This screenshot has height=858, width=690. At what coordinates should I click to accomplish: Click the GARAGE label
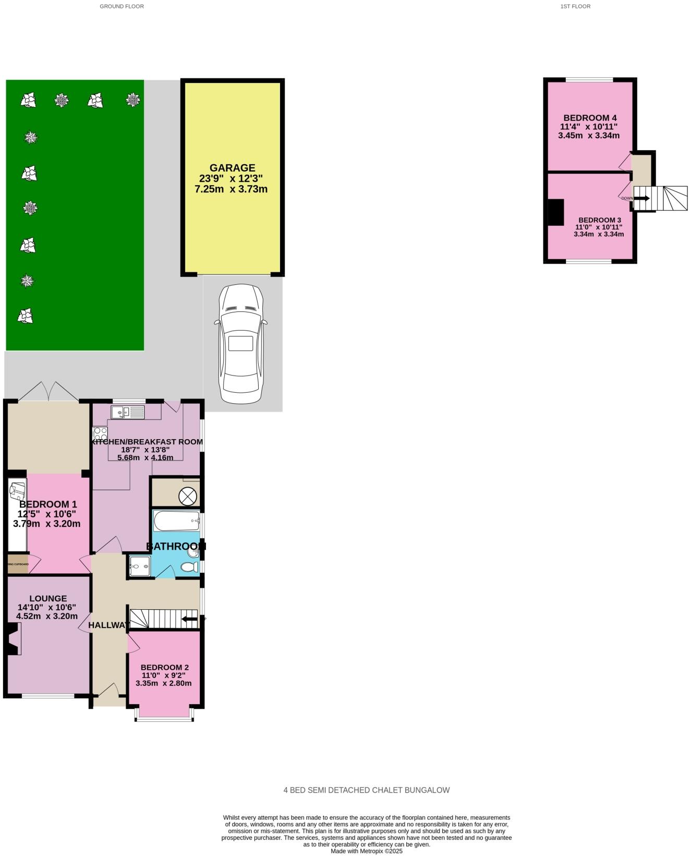click(x=232, y=168)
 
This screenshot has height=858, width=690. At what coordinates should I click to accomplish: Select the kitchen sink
click(x=128, y=413)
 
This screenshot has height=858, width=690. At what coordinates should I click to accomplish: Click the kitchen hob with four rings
click(x=100, y=433)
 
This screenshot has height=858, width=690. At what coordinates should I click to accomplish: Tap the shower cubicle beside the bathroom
click(x=140, y=566)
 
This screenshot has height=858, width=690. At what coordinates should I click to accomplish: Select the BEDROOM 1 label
click(x=48, y=504)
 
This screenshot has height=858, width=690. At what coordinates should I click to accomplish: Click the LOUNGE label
click(x=48, y=598)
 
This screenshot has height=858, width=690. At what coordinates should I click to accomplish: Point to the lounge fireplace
click(x=13, y=639)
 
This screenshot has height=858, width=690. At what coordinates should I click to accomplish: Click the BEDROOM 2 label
click(x=164, y=667)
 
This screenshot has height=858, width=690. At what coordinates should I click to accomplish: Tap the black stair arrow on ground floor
click(x=190, y=619)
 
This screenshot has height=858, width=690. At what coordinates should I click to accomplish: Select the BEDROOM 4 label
click(x=589, y=118)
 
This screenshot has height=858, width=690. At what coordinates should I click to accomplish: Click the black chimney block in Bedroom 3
click(x=555, y=212)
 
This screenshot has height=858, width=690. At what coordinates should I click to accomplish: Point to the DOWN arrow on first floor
click(x=641, y=198)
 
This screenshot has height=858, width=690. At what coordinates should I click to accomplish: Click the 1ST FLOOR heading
click(x=575, y=6)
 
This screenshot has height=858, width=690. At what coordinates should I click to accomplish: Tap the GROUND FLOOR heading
click(x=122, y=6)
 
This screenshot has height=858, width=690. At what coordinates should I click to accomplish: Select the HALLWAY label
click(x=108, y=625)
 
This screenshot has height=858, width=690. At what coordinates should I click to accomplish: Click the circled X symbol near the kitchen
click(x=187, y=496)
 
